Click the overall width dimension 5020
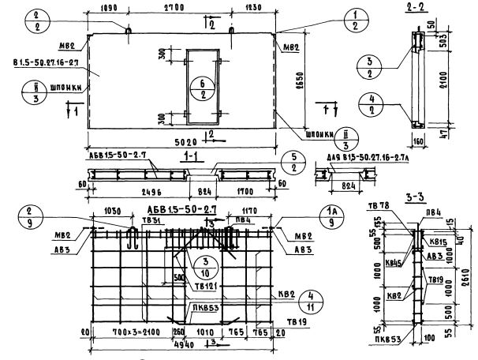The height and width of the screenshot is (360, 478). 181,143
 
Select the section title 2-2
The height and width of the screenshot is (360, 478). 414,7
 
